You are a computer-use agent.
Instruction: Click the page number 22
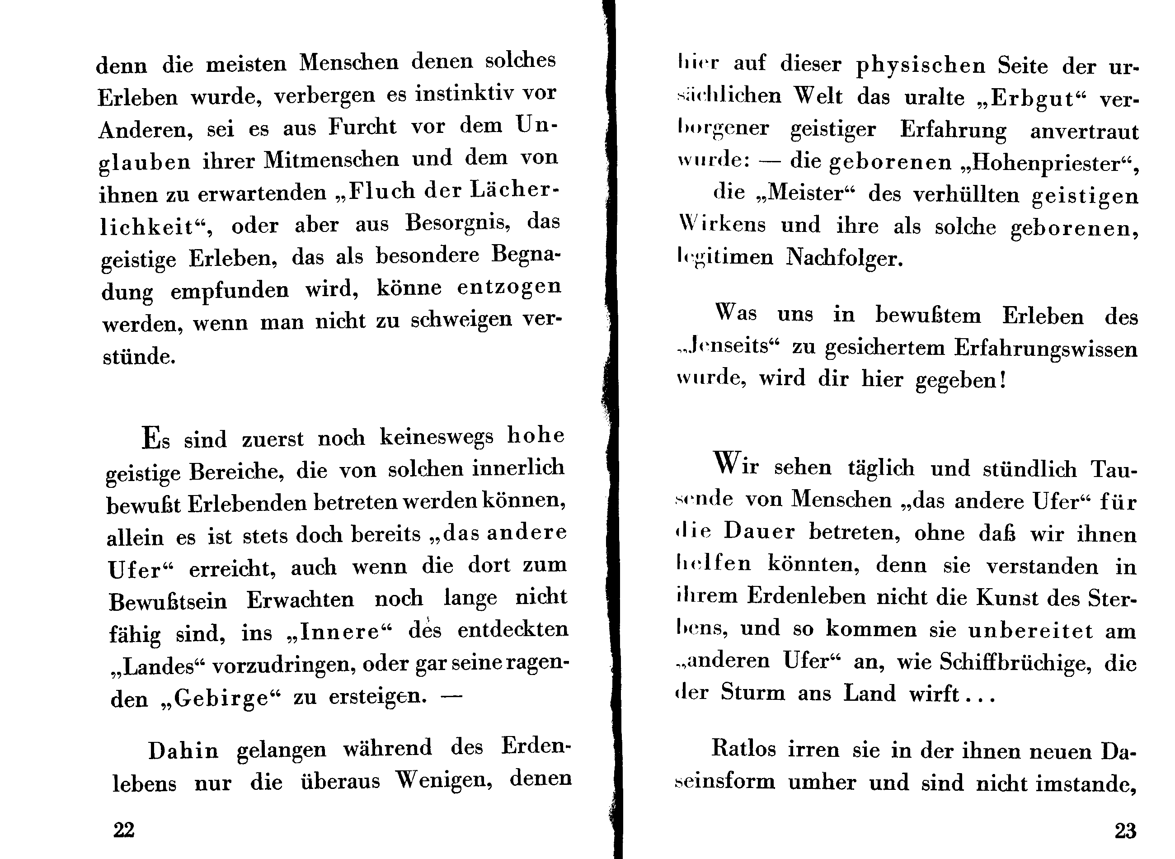click(124, 829)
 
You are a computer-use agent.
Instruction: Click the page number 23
click(1125, 831)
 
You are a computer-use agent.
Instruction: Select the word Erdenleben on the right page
click(806, 596)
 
